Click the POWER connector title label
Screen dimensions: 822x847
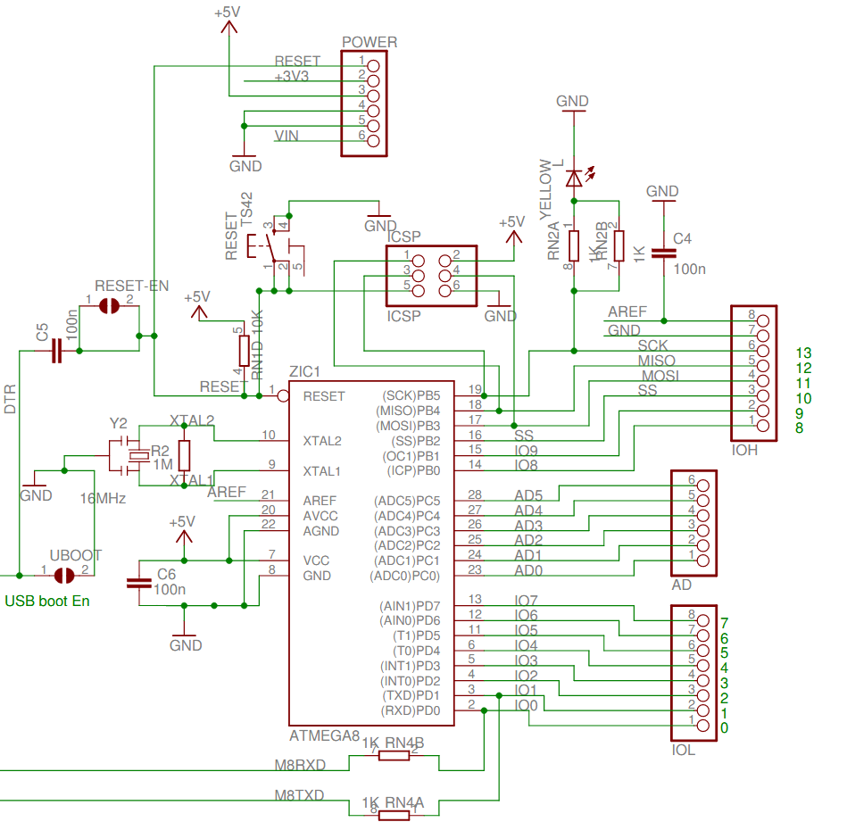(x=370, y=42)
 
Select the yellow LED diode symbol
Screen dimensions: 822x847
(x=574, y=179)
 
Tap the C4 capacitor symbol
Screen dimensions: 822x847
(x=662, y=253)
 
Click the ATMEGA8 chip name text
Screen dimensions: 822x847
(x=324, y=736)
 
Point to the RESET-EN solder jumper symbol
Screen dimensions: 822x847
(x=109, y=306)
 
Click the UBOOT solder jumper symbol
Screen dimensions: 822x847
(x=64, y=575)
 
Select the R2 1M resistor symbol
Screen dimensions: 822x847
(x=185, y=455)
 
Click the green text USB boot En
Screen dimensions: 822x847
(x=47, y=601)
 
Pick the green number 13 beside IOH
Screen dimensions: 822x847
(x=803, y=353)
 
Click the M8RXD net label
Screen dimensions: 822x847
(x=300, y=765)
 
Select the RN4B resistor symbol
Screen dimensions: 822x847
(x=394, y=756)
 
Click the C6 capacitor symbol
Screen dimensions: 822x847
(x=138, y=584)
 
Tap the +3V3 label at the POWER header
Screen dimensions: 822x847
(x=292, y=77)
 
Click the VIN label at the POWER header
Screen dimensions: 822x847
(x=286, y=136)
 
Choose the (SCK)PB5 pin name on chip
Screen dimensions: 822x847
(x=411, y=395)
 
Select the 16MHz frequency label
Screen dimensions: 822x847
(x=103, y=498)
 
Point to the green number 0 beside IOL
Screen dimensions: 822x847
(x=724, y=728)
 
